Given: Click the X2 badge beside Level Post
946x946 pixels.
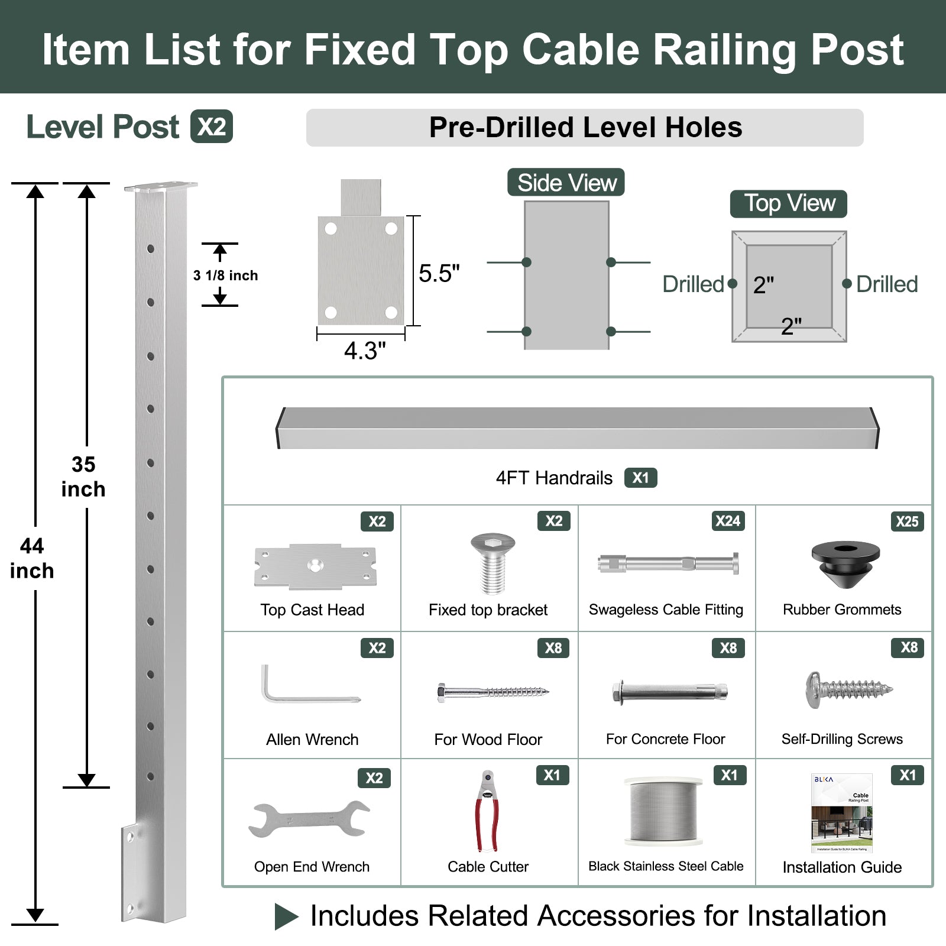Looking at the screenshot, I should [x=211, y=127].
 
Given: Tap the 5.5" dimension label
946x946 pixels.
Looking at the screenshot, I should [x=439, y=274].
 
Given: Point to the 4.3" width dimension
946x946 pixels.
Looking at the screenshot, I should [x=365, y=351].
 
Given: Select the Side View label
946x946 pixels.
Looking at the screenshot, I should [x=566, y=183].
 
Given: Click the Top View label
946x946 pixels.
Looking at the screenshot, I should [x=788, y=203].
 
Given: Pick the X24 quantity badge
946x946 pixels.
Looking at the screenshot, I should [x=727, y=521].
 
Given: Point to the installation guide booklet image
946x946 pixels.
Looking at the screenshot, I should [x=842, y=813].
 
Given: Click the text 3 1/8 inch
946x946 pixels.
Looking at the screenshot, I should [x=225, y=276].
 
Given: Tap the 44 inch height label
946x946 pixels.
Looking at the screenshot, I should [x=32, y=558].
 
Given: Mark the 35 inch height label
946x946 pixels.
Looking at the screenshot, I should [x=83, y=477].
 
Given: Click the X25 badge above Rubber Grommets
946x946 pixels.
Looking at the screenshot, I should [x=906, y=521].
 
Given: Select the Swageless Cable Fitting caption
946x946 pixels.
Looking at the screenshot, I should [x=666, y=610].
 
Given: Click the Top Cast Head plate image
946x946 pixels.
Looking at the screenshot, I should [x=315, y=566].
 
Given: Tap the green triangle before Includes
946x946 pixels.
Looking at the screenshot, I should [x=286, y=916].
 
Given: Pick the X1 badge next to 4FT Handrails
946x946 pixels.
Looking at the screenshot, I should [x=640, y=478].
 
